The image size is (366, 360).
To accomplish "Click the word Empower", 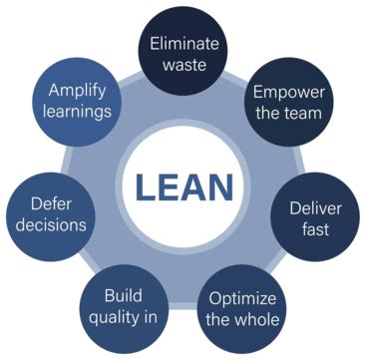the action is pos(288,92).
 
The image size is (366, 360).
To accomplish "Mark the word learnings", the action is pos(77,111).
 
